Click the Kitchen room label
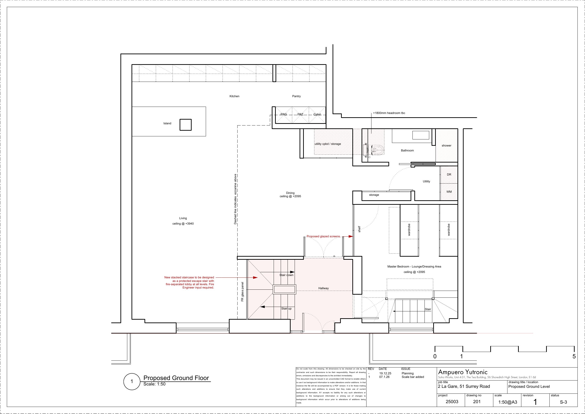(235, 96)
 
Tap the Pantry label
(296, 96)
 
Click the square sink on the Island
(185, 125)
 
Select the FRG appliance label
(284, 114)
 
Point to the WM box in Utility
(449, 192)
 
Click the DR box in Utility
(449, 175)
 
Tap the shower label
(446, 145)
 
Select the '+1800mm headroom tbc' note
(389, 113)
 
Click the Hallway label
(323, 288)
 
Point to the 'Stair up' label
(286, 308)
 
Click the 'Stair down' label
(286, 275)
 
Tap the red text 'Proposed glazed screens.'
(324, 236)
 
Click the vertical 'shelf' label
(359, 229)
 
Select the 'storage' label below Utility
(374, 195)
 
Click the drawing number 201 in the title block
(477, 402)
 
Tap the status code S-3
(563, 402)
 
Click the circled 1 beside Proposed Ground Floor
(132, 382)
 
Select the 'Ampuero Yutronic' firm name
(463, 372)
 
